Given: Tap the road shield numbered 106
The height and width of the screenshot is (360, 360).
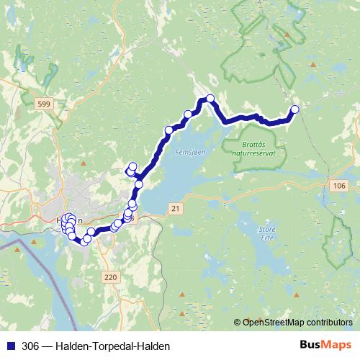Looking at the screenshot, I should pyautogui.click(x=340, y=186).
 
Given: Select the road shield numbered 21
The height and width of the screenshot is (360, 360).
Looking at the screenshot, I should pyautogui.click(x=175, y=207).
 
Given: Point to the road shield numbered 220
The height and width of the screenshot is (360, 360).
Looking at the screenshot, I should pyautogui.click(x=110, y=276).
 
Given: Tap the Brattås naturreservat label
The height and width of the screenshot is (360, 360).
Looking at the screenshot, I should pyautogui.click(x=258, y=148).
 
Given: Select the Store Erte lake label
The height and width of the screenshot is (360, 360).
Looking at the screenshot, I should pyautogui.click(x=266, y=234).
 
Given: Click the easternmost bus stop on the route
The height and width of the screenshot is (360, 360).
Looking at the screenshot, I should pyautogui.click(x=294, y=109).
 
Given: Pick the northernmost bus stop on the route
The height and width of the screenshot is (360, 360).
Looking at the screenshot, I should pyautogui.click(x=210, y=98).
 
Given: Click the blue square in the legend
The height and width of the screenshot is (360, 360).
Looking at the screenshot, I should pyautogui.click(x=11, y=346).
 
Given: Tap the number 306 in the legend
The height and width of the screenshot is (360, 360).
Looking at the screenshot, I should pyautogui.click(x=31, y=346).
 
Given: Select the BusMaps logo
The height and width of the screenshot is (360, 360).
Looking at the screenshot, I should pyautogui.click(x=325, y=345).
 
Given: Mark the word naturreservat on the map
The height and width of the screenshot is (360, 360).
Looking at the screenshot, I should pyautogui.click(x=259, y=153).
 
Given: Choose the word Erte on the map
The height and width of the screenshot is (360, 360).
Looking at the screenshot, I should pyautogui.click(x=266, y=238).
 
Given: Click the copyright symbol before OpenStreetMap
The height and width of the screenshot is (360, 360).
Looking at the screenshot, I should pyautogui.click(x=238, y=322).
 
